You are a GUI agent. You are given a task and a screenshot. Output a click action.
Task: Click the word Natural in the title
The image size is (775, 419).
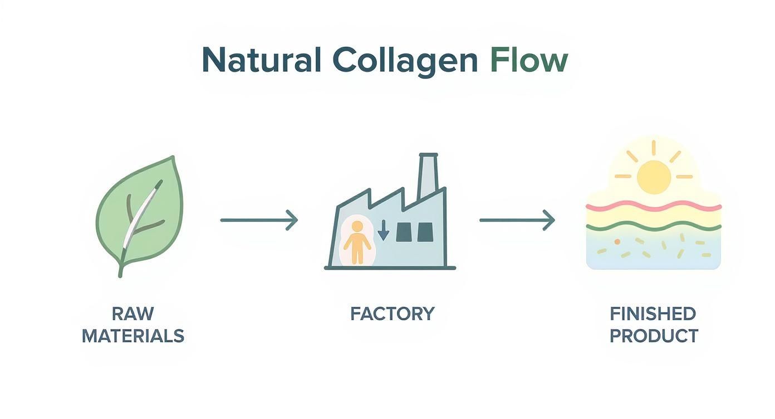point(261,60)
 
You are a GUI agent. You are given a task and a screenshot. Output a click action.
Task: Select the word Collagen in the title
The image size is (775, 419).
point(404,60)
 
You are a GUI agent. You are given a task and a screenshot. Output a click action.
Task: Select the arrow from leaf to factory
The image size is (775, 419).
point(259,220)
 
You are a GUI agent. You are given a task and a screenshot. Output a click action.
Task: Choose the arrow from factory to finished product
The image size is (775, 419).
point(517,220)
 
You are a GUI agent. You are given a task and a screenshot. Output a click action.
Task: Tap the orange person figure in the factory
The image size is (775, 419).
point(356,241)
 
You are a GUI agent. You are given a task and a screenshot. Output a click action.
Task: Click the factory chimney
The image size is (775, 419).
point(428,176)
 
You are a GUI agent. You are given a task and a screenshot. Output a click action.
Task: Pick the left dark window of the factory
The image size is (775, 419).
point(404,232)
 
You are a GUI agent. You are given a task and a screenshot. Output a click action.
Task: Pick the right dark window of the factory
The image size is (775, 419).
point(425,232)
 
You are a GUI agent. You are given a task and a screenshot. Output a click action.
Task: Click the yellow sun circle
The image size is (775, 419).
point(654,177)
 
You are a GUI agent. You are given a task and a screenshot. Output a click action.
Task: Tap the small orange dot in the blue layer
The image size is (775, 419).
point(617,241)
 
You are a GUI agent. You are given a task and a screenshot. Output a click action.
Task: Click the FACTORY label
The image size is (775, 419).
point(392,314)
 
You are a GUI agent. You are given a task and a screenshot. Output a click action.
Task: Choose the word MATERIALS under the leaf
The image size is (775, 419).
point(133,336)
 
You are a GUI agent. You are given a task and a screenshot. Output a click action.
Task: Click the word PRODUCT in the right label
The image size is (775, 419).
point(654,336)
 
